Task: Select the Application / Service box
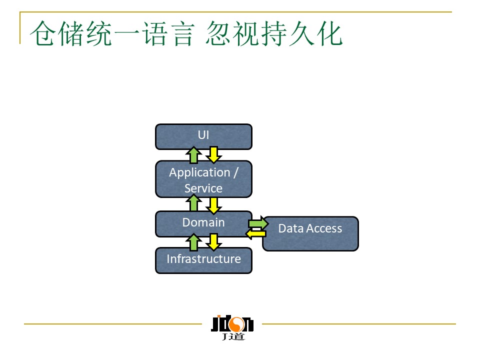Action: point(203,179)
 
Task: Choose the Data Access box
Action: point(310,233)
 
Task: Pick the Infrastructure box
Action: point(203,260)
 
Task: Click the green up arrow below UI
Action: point(193,155)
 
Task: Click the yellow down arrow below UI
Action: point(213,154)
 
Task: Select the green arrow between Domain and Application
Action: point(193,203)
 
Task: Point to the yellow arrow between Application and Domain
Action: point(213,204)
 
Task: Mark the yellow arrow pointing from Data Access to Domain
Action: point(255,233)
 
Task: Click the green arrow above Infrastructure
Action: point(193,242)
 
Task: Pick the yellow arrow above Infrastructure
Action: point(213,242)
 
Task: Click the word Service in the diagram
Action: point(203,188)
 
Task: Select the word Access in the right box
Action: point(325,228)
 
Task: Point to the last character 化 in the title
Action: point(330,34)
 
